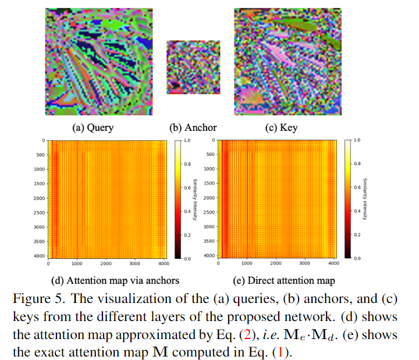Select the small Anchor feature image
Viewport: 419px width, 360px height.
point(193,67)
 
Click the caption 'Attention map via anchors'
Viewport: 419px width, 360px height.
point(106,281)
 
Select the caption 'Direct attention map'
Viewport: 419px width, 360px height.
point(285,281)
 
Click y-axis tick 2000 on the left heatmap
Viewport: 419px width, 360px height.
point(38,198)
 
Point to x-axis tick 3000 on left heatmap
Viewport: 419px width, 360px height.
point(136,263)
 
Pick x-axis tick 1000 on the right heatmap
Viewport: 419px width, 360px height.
point(247,263)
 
